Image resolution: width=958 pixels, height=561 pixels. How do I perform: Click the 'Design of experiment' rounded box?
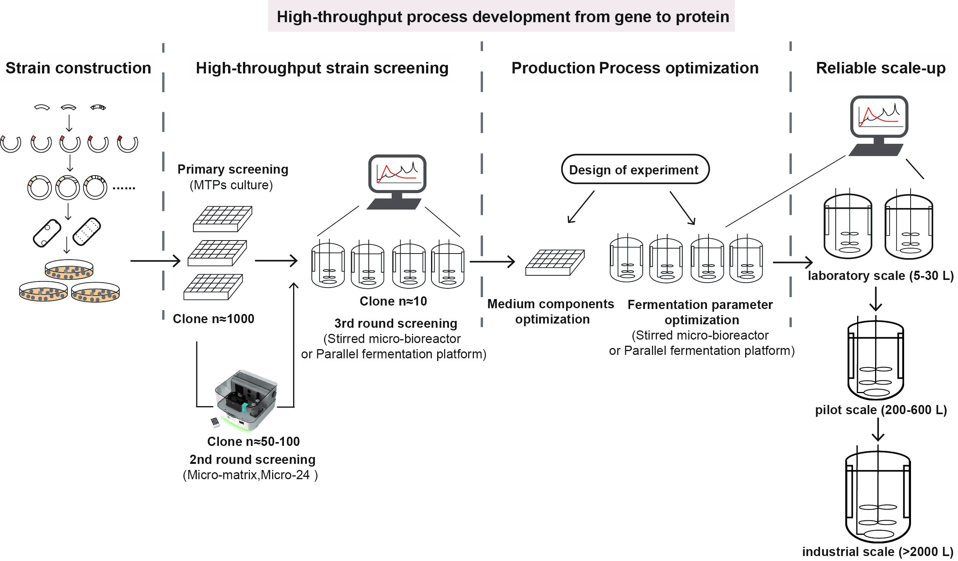coord(635,169)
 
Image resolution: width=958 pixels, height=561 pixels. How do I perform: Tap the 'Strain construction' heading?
coord(78,68)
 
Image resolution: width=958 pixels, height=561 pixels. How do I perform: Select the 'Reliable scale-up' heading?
coord(880,68)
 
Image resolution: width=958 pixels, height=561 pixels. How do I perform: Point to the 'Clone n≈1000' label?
coord(213,319)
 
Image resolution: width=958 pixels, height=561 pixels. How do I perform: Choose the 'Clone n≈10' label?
coord(393,301)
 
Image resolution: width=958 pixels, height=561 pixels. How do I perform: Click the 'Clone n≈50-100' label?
coord(253,441)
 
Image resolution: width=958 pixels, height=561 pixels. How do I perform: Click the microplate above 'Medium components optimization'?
coord(555,262)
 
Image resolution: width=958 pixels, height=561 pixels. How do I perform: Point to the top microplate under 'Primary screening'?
coord(222,219)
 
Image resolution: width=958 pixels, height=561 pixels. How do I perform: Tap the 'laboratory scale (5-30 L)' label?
coord(880,276)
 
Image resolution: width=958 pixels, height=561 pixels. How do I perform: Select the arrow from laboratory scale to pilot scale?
coord(875,299)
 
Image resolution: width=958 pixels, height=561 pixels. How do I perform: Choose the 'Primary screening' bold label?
coord(233,169)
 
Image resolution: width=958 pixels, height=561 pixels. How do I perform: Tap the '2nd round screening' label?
coord(252,459)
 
